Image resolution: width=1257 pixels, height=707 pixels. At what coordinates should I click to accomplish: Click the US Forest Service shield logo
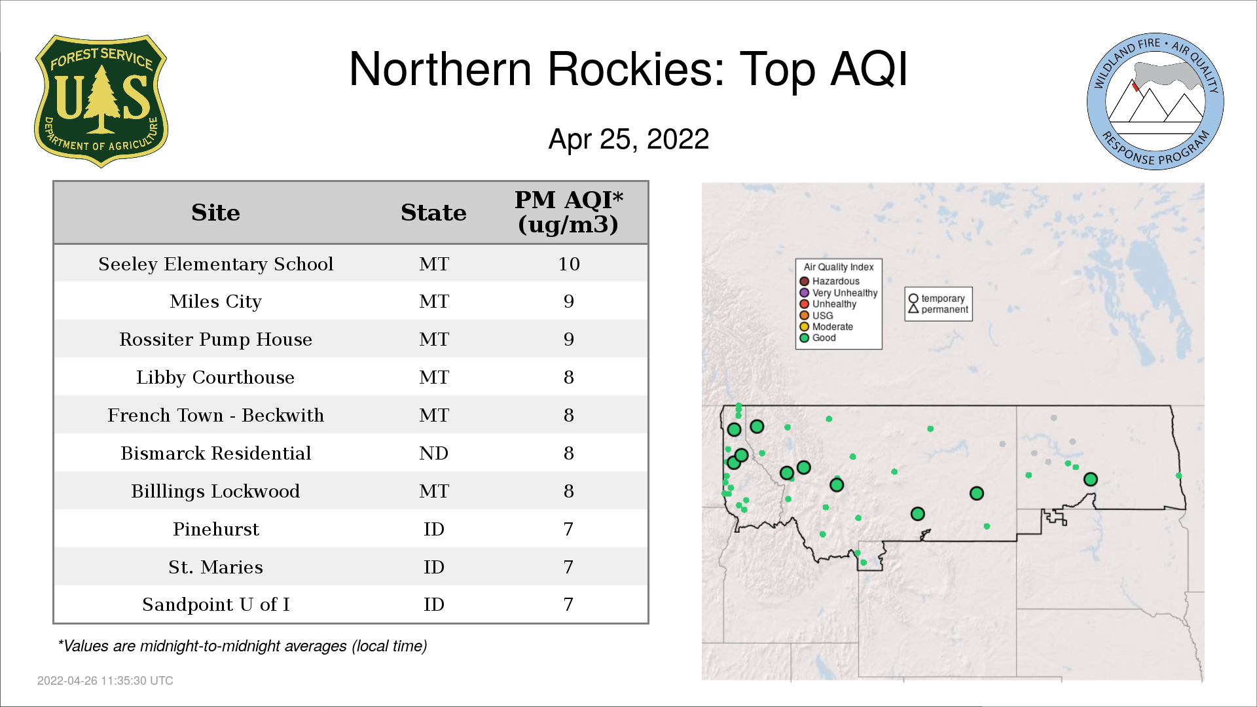tap(101, 101)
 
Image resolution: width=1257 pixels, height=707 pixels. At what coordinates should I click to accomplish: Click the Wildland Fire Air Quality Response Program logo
tap(1156, 101)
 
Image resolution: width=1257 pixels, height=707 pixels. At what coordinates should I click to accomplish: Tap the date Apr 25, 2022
tap(628, 139)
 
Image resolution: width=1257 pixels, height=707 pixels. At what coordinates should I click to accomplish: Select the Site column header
tap(215, 213)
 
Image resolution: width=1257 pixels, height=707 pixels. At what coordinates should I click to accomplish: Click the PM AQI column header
tap(568, 212)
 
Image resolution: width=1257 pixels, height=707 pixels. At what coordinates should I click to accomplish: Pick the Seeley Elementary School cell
tap(215, 264)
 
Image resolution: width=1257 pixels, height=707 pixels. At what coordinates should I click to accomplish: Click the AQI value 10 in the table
tap(569, 264)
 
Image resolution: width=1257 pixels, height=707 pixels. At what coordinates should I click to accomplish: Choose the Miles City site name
tap(215, 302)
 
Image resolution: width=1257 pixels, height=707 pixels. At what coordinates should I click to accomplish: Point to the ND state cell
tap(433, 453)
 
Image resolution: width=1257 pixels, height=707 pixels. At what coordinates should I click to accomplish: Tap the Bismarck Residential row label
tap(215, 453)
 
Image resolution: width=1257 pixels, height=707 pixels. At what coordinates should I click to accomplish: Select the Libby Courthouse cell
tap(215, 378)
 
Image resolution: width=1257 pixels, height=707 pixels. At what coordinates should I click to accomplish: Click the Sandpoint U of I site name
tap(215, 605)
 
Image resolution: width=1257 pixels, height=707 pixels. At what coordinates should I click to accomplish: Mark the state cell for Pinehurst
tap(433, 529)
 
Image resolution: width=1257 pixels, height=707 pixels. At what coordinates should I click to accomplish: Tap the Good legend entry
tap(818, 338)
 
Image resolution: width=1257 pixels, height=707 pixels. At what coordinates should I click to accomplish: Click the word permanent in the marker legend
tap(945, 310)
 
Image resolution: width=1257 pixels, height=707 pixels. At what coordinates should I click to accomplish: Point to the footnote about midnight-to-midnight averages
tap(242, 646)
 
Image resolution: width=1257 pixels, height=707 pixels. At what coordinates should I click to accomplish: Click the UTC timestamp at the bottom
tap(105, 681)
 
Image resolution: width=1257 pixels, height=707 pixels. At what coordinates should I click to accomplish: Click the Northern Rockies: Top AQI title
tap(628, 69)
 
